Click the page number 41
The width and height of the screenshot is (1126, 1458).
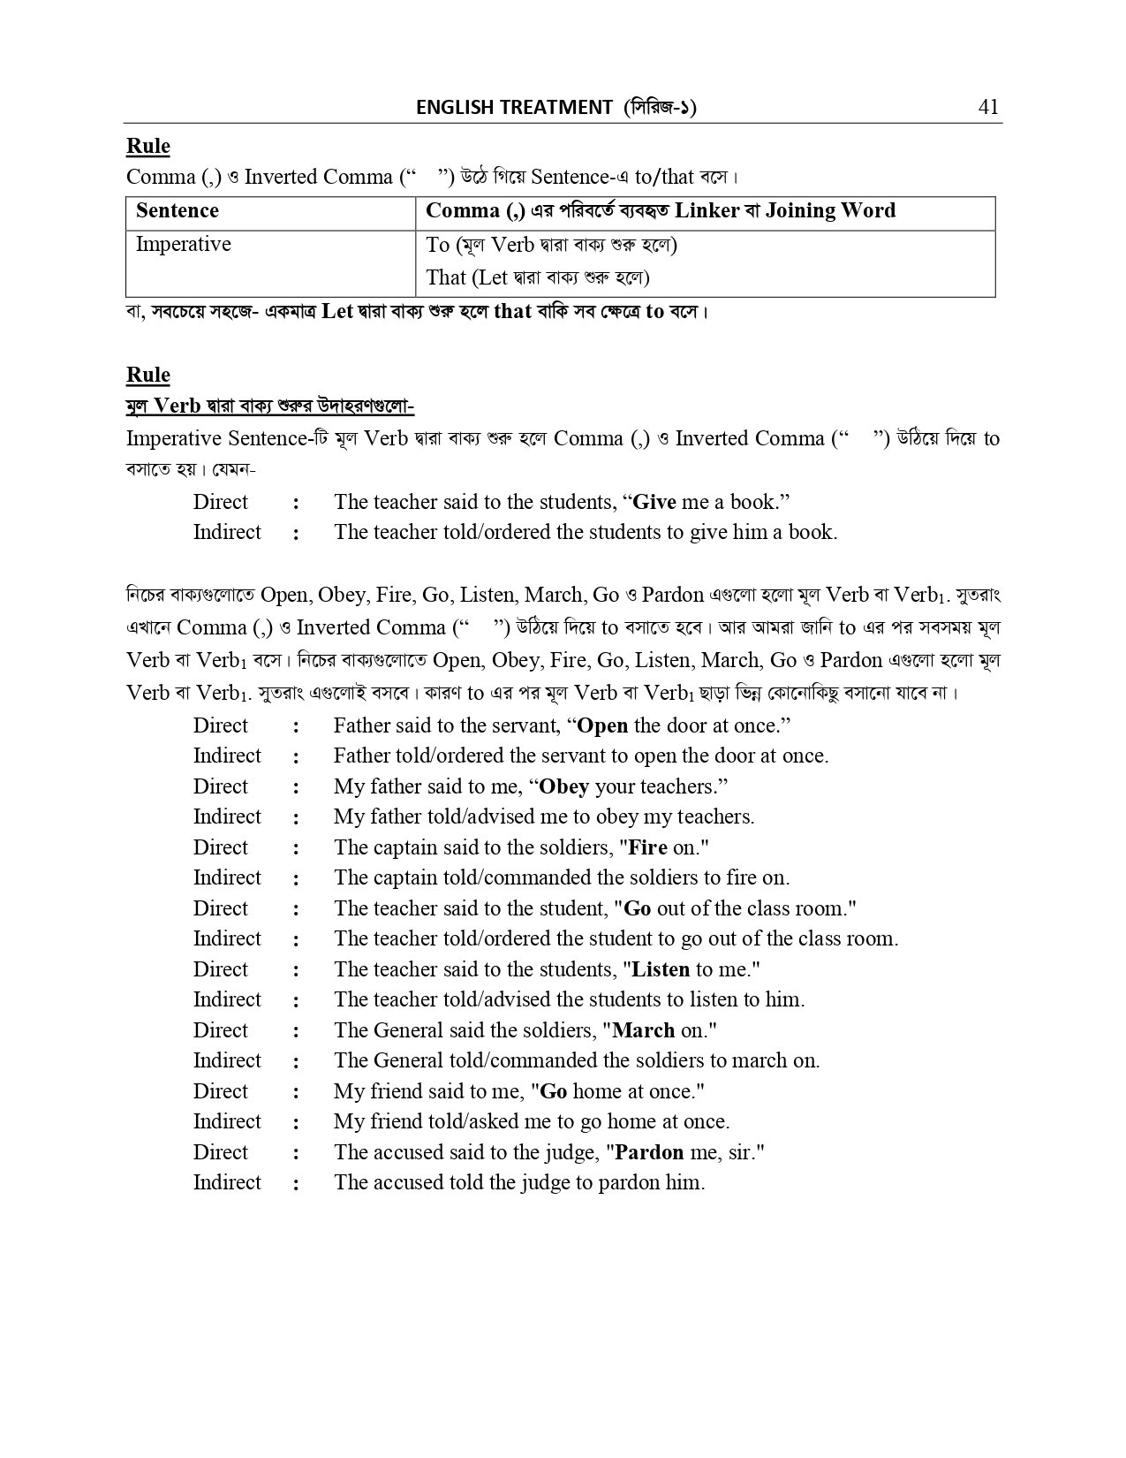coord(988,107)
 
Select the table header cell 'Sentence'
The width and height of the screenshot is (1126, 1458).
coord(178,211)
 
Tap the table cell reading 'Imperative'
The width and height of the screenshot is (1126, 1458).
coord(184,245)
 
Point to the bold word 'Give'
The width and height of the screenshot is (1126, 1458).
coord(655,503)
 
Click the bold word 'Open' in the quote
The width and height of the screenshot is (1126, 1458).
coord(602,726)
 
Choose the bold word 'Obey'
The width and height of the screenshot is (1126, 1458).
coord(564,787)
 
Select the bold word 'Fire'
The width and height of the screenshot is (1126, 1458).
coord(647,848)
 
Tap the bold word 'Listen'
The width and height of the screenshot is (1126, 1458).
coord(661,970)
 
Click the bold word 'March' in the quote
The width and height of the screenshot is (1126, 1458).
coord(643,1031)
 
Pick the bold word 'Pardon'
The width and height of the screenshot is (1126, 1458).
coord(649,1153)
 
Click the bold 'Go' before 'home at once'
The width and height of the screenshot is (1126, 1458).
coord(553,1092)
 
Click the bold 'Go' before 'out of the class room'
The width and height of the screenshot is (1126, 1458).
coord(637,909)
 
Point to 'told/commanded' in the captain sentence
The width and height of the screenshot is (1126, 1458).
coord(510,878)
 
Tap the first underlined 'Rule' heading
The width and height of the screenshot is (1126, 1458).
coord(148,147)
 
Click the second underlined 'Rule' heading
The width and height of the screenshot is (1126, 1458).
coord(148,376)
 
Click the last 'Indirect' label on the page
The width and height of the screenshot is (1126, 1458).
coord(227,1183)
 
